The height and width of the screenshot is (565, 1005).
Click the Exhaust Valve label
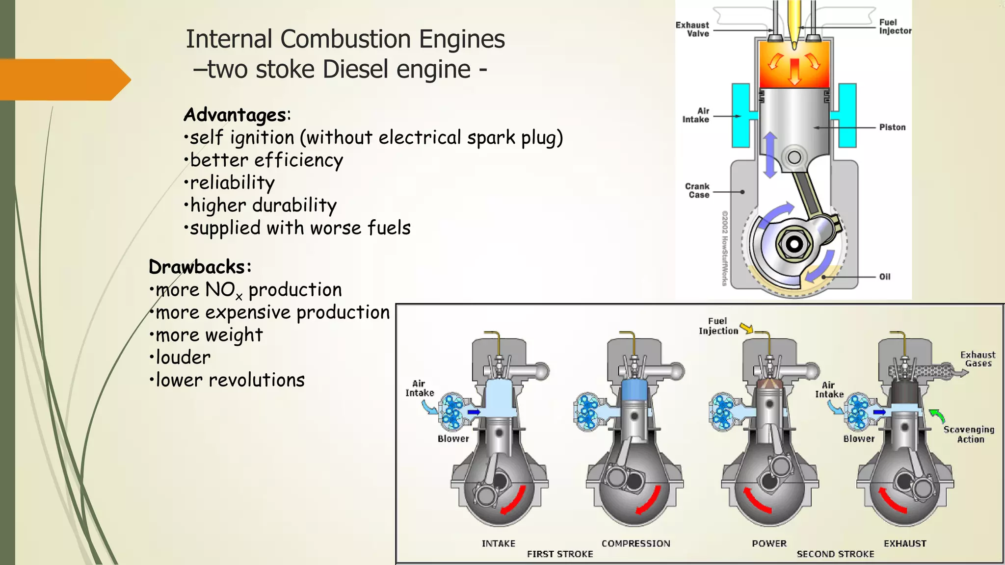click(x=692, y=29)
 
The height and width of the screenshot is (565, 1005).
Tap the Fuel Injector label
click(x=895, y=26)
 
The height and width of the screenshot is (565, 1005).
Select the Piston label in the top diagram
click(x=892, y=128)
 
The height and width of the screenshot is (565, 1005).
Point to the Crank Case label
click(x=697, y=191)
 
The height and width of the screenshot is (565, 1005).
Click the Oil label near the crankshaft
click(x=885, y=277)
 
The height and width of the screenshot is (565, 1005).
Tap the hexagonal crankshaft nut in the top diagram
click(x=794, y=244)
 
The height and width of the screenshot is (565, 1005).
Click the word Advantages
click(x=235, y=115)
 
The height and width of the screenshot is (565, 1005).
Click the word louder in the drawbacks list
click(x=183, y=358)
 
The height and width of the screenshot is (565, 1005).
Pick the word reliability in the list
click(x=232, y=182)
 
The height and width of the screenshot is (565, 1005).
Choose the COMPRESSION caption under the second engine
click(x=635, y=543)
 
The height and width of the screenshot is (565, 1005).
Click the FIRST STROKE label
click(x=560, y=554)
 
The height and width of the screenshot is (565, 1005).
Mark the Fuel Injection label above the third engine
click(x=718, y=326)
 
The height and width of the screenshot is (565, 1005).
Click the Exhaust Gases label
click(x=978, y=359)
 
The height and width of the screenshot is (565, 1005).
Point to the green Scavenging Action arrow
click(x=937, y=416)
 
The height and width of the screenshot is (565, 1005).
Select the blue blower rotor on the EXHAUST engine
click(x=857, y=411)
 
